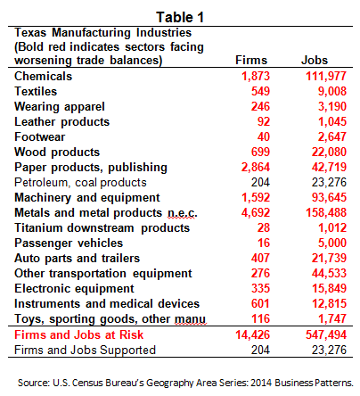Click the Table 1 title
pos(180,17)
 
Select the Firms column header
pos(251,60)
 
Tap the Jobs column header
pos(315,60)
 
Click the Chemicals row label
pos(44,76)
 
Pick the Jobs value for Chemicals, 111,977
pos(326,76)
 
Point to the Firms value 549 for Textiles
pos(260,91)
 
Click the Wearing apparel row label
pos(60,107)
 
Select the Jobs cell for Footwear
pos(332,136)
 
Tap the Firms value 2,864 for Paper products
pos(256,167)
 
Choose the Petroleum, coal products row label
pos(80,182)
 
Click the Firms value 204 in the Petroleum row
pos(260,182)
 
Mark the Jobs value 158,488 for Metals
pos(326,212)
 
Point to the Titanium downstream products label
pos(102,227)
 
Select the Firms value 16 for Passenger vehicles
pos(264,243)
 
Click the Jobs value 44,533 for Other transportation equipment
pos(329,273)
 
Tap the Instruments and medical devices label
pos(107,303)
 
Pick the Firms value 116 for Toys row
pos(261,318)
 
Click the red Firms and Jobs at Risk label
pos(79,334)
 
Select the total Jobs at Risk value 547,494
pos(326,334)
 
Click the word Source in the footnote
pos(34,383)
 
